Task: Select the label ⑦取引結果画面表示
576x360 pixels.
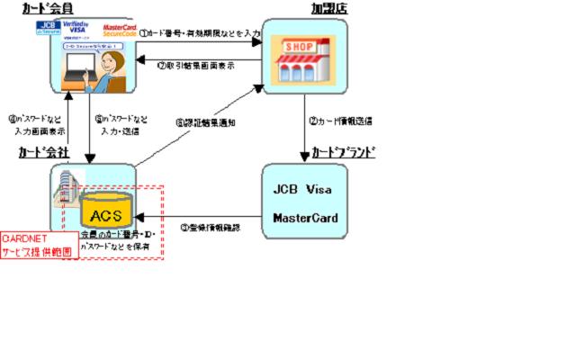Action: (196, 65)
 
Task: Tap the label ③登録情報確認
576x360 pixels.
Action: (209, 228)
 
